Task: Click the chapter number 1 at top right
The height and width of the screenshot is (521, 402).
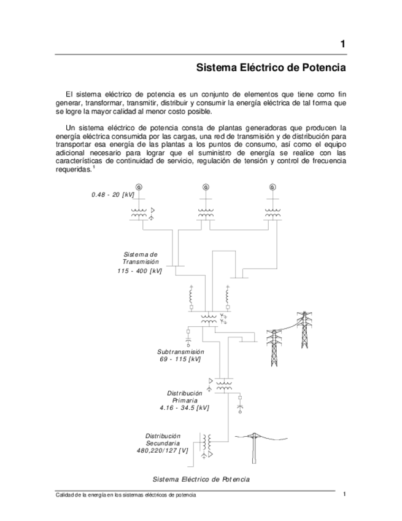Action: point(343,44)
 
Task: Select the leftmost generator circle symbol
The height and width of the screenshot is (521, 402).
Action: point(139,187)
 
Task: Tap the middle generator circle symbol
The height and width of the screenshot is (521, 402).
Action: point(205,187)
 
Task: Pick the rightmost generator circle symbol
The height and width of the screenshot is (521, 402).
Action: point(272,187)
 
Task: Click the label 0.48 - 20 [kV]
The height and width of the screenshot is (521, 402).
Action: point(112,195)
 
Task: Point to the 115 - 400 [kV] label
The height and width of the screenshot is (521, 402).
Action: point(140,271)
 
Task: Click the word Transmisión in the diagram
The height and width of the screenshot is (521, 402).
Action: point(141,262)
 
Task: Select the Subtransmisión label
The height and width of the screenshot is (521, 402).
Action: point(180,352)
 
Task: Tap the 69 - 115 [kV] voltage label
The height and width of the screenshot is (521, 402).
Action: point(180,359)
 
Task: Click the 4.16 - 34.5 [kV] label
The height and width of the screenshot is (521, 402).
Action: point(184,407)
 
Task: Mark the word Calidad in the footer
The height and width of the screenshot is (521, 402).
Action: point(64,495)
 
